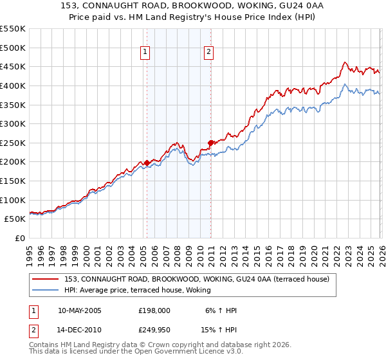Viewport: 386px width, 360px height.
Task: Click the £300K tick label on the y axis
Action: point(13,123)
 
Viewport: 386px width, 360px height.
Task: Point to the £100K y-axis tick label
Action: point(13,200)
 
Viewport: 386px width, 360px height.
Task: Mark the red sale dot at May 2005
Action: point(147,163)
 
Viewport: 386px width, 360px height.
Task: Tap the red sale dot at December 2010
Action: point(210,143)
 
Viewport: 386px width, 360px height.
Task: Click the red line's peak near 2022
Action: point(344,62)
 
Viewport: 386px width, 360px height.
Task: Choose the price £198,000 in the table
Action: point(154,310)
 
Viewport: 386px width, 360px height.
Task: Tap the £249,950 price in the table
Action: point(154,330)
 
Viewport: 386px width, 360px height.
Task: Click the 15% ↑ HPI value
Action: point(218,330)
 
